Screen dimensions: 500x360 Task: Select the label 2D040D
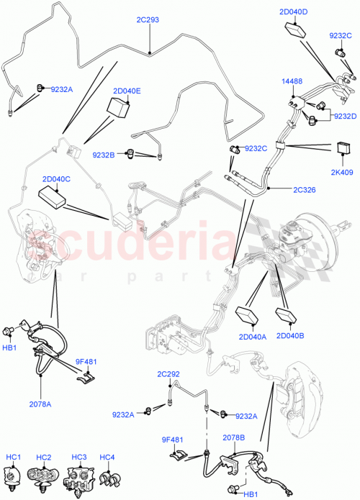click(x=294, y=12)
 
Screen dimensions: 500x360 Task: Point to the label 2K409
click(x=342, y=172)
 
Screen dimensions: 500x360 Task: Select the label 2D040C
click(x=55, y=178)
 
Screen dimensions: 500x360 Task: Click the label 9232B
click(x=104, y=154)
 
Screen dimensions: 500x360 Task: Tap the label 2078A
click(x=40, y=404)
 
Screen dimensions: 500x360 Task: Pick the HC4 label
click(x=107, y=458)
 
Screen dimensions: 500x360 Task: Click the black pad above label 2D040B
click(x=288, y=316)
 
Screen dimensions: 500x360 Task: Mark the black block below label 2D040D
click(x=295, y=30)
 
